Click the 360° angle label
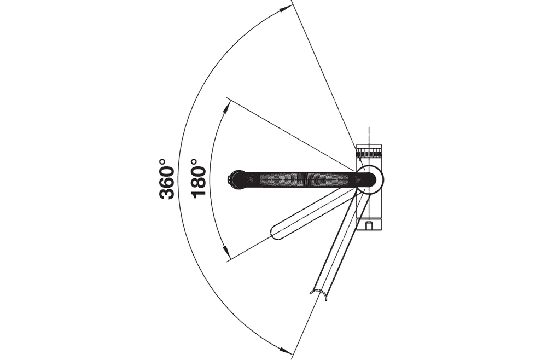coord(167,178)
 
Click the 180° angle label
coord(199,178)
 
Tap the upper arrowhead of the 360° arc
coord(286,9)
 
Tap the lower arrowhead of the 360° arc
coord(286,350)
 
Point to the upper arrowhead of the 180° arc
coord(228,107)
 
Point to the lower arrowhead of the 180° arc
coord(227,252)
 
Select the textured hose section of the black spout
coord(304,179)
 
